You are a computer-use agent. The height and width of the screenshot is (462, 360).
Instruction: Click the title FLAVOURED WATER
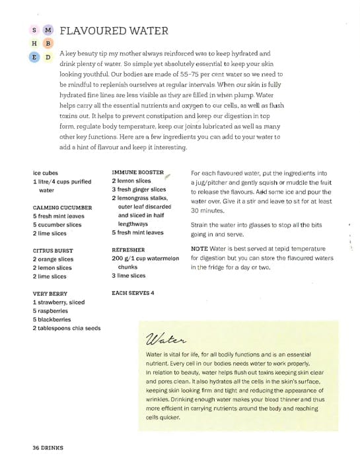(x=114, y=31)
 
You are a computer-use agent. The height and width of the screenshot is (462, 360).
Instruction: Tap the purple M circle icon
(x=48, y=30)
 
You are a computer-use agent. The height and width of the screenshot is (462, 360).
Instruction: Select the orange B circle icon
(x=48, y=44)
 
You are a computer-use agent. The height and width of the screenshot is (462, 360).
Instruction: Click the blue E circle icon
(x=34, y=57)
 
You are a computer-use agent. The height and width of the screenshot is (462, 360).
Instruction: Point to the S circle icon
(x=34, y=30)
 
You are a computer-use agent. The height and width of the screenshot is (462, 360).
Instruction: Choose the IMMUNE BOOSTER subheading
(x=137, y=172)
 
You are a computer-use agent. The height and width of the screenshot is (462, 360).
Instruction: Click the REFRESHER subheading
(x=129, y=250)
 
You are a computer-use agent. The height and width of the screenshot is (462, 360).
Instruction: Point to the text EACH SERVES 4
(x=133, y=292)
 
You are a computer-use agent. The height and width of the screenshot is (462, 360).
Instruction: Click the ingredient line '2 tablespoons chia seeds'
(x=67, y=328)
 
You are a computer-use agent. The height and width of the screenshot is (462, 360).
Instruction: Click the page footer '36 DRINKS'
(x=48, y=448)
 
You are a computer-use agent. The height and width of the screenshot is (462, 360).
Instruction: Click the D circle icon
(x=48, y=57)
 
